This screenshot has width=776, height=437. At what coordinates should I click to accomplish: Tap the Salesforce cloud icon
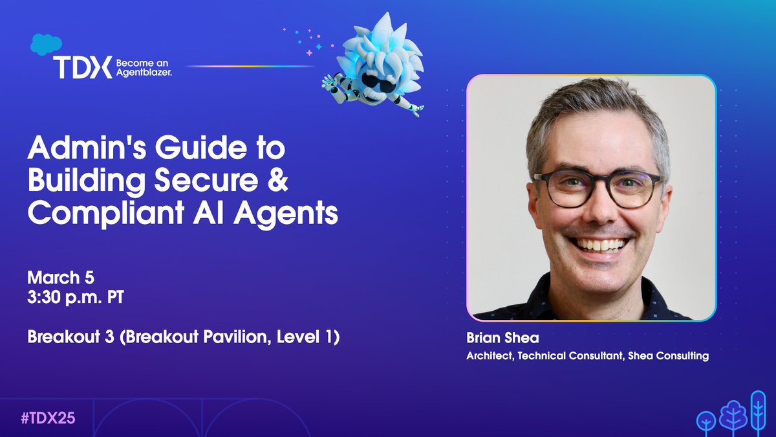pyautogui.click(x=45, y=44)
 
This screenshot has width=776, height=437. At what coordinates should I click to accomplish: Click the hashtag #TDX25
pyautogui.click(x=48, y=418)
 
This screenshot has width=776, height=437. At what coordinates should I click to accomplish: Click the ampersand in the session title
pyautogui.click(x=280, y=182)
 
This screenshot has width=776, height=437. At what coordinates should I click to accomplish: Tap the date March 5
pyautogui.click(x=61, y=278)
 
